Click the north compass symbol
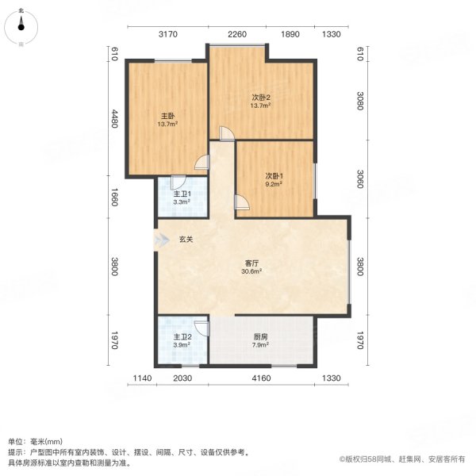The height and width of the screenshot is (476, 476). pos(21,29)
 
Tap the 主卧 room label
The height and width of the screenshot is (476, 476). pos(167,116)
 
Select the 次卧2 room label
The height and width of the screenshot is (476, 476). pos(261,97)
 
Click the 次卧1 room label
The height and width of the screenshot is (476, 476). pos(274,175)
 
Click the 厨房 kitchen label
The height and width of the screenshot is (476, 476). pos(260,336)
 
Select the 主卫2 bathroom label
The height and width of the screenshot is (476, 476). pos(182,336)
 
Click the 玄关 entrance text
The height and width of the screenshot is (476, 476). pos(185,241)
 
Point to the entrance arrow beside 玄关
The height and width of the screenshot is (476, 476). pos(163,241)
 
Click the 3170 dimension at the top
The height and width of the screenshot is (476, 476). pos(167,33)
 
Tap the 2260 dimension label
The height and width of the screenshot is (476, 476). pos(238,33)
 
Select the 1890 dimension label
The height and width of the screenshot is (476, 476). pos(291,33)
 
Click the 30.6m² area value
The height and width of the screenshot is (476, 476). pos(251,271)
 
